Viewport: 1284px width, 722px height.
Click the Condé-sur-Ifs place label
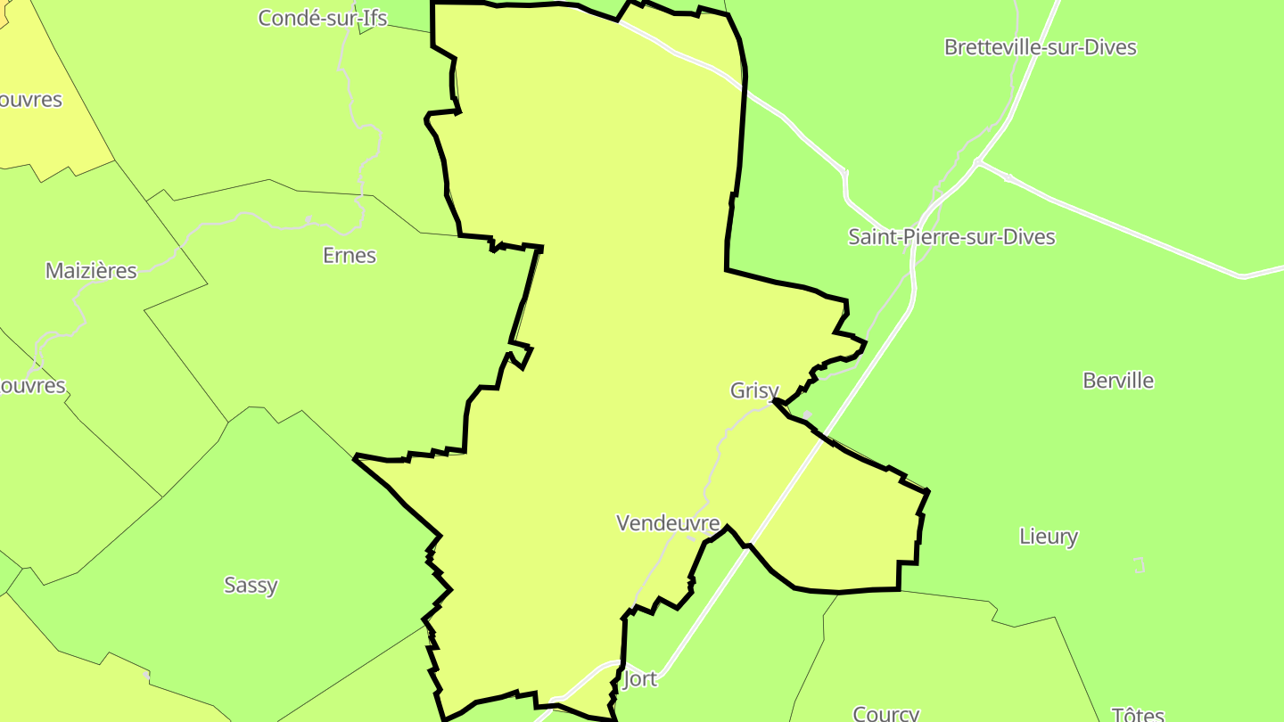pyautogui.click(x=322, y=18)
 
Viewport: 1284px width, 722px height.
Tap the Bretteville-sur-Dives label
pyautogui.click(x=1040, y=47)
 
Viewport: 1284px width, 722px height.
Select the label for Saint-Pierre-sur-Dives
pyautogui.click(x=951, y=237)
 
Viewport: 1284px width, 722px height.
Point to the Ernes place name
pyautogui.click(x=349, y=256)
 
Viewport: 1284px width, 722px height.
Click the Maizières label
pyautogui.click(x=91, y=271)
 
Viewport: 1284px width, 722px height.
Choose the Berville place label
pyautogui.click(x=1117, y=381)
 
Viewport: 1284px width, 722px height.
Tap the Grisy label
pyautogui.click(x=754, y=390)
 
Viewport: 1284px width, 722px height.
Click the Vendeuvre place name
pyautogui.click(x=668, y=522)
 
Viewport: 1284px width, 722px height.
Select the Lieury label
pyautogui.click(x=1048, y=537)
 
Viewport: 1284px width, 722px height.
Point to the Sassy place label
pyautogui.click(x=251, y=586)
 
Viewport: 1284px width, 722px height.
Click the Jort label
pyautogui.click(x=639, y=679)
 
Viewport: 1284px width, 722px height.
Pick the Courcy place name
pyautogui.click(x=885, y=713)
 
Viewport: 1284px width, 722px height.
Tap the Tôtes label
pyautogui.click(x=1138, y=714)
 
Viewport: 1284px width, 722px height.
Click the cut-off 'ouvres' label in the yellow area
pyautogui.click(x=30, y=100)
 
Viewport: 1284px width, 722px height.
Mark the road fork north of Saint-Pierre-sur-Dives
pyautogui.click(x=978, y=162)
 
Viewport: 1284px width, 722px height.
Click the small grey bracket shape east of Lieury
pyautogui.click(x=1139, y=565)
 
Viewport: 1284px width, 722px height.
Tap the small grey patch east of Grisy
pyautogui.click(x=806, y=414)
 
